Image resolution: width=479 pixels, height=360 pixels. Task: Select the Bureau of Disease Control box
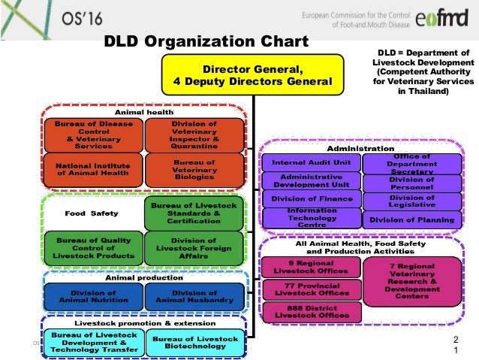[x=89, y=134]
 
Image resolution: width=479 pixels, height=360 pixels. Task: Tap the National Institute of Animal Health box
[x=89, y=168]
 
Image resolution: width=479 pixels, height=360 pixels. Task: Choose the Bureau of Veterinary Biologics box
[x=194, y=169]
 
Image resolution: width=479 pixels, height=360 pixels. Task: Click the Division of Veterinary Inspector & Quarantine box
[x=194, y=134]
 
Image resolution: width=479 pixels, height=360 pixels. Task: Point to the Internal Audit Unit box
[x=310, y=162]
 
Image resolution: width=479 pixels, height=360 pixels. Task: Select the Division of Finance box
[x=310, y=199]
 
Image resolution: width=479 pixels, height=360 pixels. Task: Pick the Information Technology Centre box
[x=310, y=218]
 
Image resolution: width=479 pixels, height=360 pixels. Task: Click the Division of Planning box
[x=411, y=220]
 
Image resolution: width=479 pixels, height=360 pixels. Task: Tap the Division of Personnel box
[x=411, y=183]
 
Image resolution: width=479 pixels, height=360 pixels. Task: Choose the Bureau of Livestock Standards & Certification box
[x=194, y=213]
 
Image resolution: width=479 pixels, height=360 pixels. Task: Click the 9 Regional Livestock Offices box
[x=309, y=268]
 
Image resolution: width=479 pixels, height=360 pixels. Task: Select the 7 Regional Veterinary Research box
[x=411, y=280]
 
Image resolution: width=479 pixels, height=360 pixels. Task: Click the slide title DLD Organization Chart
[x=205, y=41]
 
